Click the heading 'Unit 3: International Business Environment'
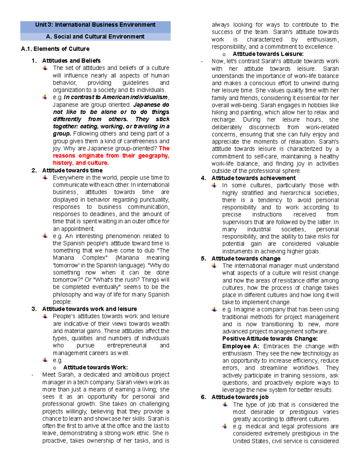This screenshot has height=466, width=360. [95, 25]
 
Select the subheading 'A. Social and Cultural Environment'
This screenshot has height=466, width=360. [95, 37]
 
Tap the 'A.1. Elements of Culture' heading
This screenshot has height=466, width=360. [55, 49]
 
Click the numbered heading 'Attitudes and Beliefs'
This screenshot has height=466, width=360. [71, 61]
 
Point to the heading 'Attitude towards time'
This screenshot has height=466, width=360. [72, 170]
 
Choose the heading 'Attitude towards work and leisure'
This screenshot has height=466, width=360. [89, 309]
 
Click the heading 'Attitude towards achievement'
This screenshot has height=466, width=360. [253, 178]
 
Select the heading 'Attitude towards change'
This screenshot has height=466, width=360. [246, 259]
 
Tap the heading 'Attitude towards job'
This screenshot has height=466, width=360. [240, 397]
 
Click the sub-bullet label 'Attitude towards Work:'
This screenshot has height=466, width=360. [95, 368]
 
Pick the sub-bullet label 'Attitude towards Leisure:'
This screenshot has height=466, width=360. [268, 54]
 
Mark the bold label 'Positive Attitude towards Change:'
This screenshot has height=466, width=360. [270, 339]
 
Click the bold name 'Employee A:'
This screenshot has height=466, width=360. [241, 346]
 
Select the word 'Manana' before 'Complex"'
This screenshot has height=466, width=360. [63, 258]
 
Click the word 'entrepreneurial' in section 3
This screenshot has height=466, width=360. [127, 345]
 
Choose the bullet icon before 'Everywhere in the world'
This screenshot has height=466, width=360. [45, 178]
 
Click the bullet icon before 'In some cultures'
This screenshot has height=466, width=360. [214, 185]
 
